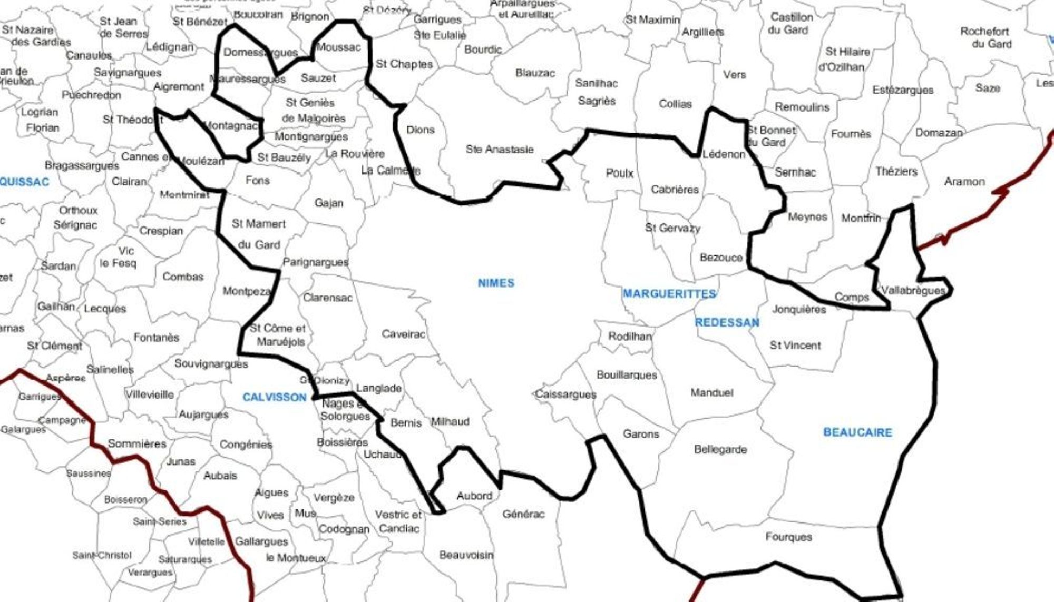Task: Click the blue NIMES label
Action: [495, 283]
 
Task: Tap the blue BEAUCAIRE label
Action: [857, 432]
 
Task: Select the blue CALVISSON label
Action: [274, 397]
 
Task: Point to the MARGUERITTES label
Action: [669, 294]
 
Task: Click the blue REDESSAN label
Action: [727, 322]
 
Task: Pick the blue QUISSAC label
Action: [25, 182]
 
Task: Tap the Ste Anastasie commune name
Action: [499, 150]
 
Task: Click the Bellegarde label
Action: [720, 450]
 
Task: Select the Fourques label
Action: [788, 537]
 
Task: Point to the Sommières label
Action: [137, 443]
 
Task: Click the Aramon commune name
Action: [964, 182]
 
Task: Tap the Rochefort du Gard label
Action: [984, 37]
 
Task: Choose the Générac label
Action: [523, 514]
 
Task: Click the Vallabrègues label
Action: [912, 290]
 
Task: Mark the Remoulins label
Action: [802, 107]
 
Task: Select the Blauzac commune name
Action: [535, 73]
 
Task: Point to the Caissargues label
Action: [565, 394]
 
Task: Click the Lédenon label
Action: [724, 154]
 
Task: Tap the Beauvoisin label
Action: [466, 555]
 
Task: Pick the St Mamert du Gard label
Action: [259, 234]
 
